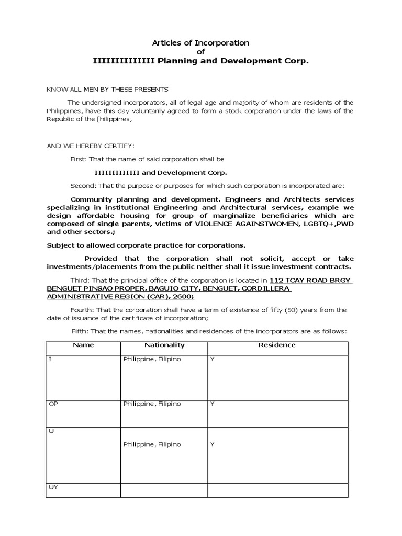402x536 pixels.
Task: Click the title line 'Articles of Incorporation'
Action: pos(200,43)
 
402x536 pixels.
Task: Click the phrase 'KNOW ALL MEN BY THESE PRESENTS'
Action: pos(108,90)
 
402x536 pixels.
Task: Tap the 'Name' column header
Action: pos(83,345)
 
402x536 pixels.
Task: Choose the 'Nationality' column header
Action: pos(164,345)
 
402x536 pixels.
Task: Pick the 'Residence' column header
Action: pos(277,345)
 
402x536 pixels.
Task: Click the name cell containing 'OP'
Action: pos(53,404)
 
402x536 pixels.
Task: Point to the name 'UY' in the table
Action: pos(53,487)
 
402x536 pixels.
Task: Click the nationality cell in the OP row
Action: pos(152,404)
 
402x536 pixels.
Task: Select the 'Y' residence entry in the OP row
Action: pos(213,404)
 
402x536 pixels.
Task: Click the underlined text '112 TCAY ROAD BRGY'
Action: pos(311,280)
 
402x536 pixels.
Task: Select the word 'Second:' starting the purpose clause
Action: pos(83,186)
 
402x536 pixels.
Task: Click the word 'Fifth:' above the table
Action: pos(81,331)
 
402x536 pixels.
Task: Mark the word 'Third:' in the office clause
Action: pos(81,280)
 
